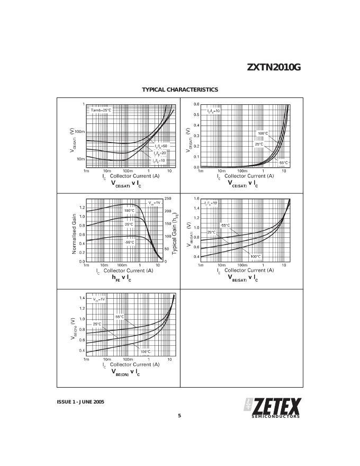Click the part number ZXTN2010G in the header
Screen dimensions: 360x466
(x=274, y=68)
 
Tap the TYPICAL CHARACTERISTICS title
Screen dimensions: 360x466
(x=179, y=90)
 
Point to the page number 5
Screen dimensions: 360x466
(x=179, y=416)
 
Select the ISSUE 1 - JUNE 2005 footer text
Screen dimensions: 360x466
(x=80, y=402)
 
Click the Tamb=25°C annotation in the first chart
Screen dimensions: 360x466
(x=101, y=110)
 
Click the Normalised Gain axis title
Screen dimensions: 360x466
(x=75, y=234)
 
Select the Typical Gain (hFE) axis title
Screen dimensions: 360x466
(x=175, y=233)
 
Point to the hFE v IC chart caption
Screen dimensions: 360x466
(x=121, y=277)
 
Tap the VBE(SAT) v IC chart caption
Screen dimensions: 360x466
(x=243, y=277)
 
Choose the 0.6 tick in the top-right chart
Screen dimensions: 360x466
(x=196, y=104)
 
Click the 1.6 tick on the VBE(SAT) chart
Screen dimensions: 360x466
(x=196, y=199)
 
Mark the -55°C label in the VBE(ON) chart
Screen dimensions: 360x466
(x=119, y=317)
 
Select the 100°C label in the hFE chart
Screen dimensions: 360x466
(x=129, y=211)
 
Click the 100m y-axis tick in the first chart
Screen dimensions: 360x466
(x=79, y=131)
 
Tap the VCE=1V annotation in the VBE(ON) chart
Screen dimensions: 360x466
(x=99, y=299)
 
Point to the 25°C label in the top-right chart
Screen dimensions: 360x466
(x=259, y=144)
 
